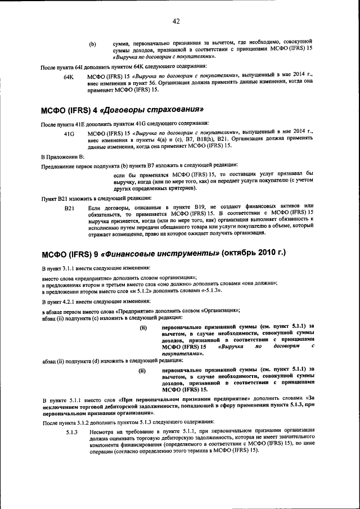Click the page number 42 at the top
176,21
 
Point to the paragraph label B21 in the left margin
70,208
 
